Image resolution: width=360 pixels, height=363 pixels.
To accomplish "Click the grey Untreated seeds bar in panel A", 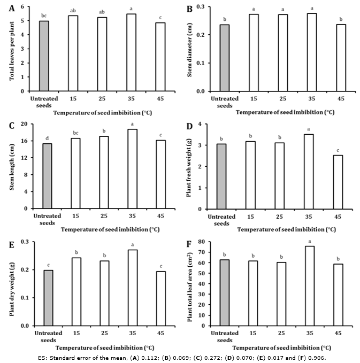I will point(44,56).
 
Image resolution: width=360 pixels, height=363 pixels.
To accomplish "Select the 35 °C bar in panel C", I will point(132,168).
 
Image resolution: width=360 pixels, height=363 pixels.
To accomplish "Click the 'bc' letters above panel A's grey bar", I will point(44,16).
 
